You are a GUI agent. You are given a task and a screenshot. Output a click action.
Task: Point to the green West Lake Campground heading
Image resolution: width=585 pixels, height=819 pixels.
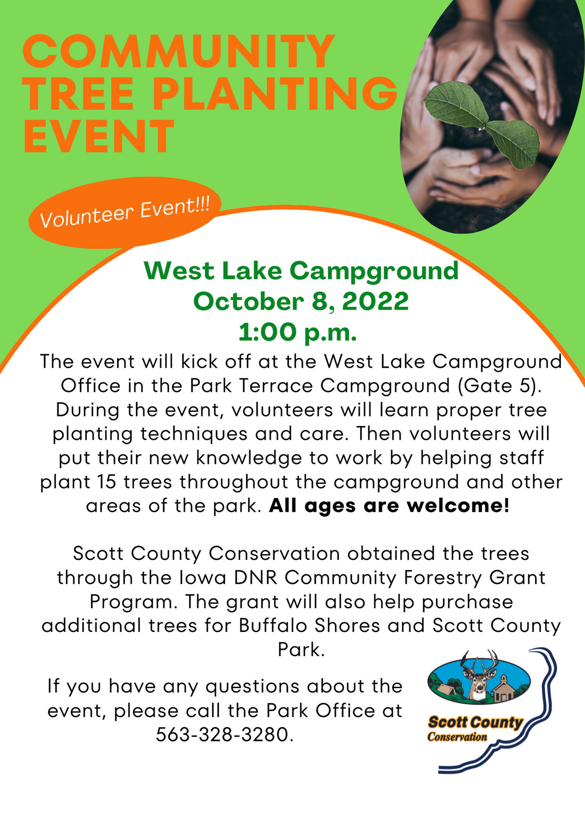point(301,271)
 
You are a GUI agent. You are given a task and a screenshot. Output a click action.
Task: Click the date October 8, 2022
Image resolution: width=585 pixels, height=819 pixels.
point(301,302)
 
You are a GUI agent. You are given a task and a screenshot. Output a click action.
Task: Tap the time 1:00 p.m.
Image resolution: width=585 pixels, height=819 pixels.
point(298,332)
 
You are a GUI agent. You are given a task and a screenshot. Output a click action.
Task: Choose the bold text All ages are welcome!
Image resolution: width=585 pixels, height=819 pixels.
point(390,506)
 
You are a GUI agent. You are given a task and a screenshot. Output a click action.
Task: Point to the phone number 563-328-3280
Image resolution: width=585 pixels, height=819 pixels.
point(225,735)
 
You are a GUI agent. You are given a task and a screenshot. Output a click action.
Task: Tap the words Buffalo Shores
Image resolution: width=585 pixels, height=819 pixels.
point(310,626)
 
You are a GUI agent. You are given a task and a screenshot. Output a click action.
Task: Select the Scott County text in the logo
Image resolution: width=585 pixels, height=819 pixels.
point(476,722)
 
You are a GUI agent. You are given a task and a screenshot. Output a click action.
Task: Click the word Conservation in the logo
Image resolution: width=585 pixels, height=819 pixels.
point(457,737)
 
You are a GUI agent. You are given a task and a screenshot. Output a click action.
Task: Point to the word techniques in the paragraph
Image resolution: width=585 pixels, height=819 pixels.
point(194,434)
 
